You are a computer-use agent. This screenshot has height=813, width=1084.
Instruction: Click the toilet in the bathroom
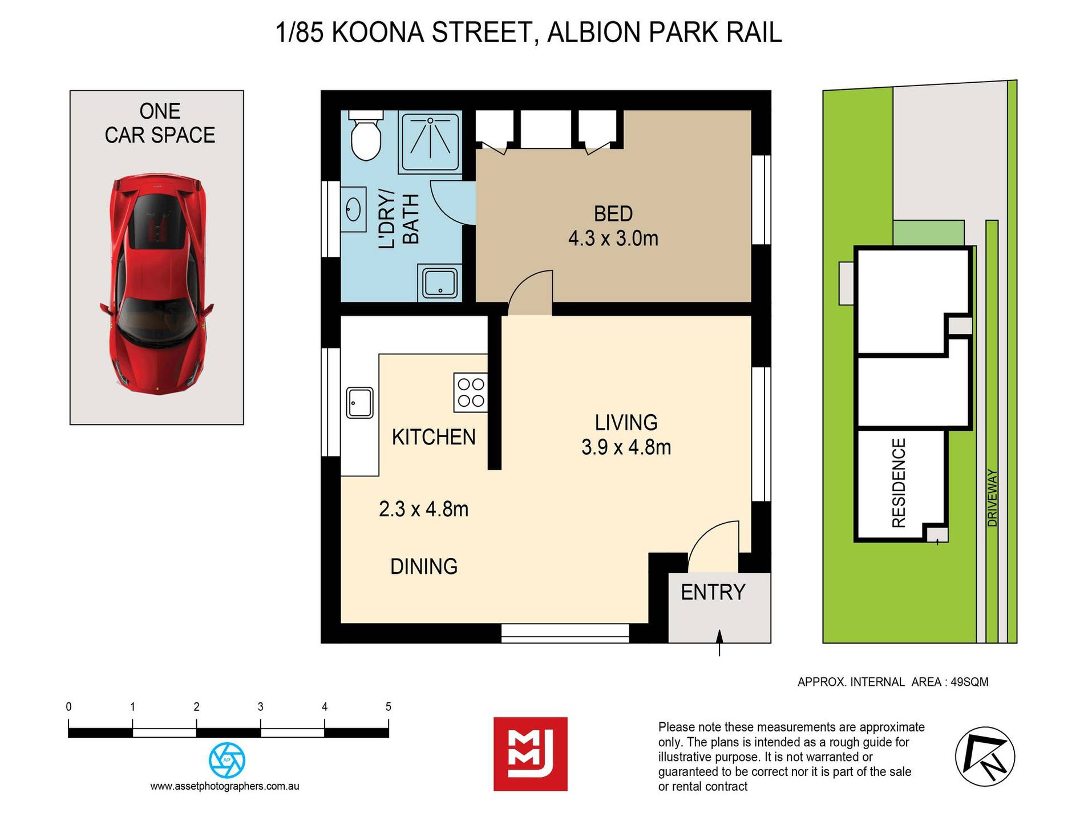[365, 135]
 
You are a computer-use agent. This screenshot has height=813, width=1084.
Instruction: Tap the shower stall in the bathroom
[430, 143]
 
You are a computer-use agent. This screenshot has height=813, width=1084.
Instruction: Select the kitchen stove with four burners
[471, 392]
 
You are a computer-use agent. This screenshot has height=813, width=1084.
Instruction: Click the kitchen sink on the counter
[360, 403]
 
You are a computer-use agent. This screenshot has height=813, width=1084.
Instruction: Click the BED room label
[613, 214]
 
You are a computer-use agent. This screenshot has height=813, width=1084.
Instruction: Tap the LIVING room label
[626, 423]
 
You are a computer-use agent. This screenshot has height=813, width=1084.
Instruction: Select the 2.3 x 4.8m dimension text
[423, 509]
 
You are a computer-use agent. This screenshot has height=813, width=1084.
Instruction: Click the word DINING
[424, 567]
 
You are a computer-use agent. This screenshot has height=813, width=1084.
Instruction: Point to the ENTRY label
[713, 592]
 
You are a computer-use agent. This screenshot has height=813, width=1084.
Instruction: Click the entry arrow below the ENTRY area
[719, 643]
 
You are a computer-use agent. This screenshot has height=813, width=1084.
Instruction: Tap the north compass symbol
[985, 757]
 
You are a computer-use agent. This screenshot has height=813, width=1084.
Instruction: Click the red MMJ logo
[531, 754]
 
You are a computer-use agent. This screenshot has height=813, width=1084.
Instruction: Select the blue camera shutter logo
[227, 760]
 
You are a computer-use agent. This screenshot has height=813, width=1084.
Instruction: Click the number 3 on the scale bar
[260, 707]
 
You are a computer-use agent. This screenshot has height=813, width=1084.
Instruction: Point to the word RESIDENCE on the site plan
[899, 483]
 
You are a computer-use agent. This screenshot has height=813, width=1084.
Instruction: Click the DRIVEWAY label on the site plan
[993, 497]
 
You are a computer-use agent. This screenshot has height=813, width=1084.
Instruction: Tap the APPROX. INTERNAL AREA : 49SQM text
[893, 682]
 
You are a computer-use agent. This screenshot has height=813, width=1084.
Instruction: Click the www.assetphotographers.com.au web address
[225, 786]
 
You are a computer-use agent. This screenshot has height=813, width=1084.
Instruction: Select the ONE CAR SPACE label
[160, 123]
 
